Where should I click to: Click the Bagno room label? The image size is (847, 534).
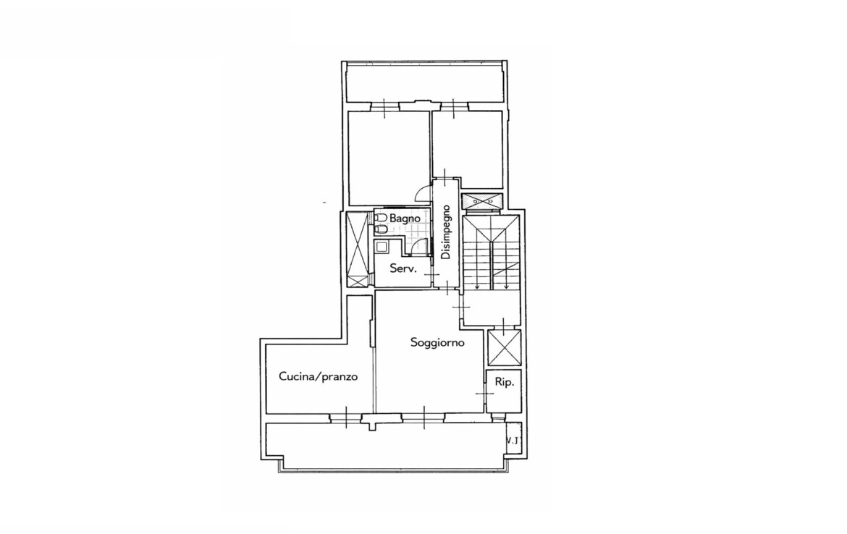pyautogui.click(x=405, y=219)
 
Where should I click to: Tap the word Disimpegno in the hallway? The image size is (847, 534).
pyautogui.click(x=446, y=232)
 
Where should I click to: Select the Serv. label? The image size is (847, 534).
pyautogui.click(x=403, y=268)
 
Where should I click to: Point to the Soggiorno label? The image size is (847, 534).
pyautogui.click(x=437, y=343)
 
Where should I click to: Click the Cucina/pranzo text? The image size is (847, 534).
pyautogui.click(x=318, y=376)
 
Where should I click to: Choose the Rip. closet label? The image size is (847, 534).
pyautogui.click(x=504, y=382)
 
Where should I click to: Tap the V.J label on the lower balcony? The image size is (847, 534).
pyautogui.click(x=514, y=440)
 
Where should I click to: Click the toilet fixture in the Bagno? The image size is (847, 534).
pyautogui.click(x=381, y=218)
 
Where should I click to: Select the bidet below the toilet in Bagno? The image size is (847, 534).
pyautogui.click(x=381, y=230)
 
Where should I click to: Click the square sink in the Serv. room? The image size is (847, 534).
pyautogui.click(x=382, y=248)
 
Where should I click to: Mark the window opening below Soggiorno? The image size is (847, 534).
pyautogui.click(x=423, y=417)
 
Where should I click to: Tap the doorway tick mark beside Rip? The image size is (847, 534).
pyautogui.click(x=485, y=394)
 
